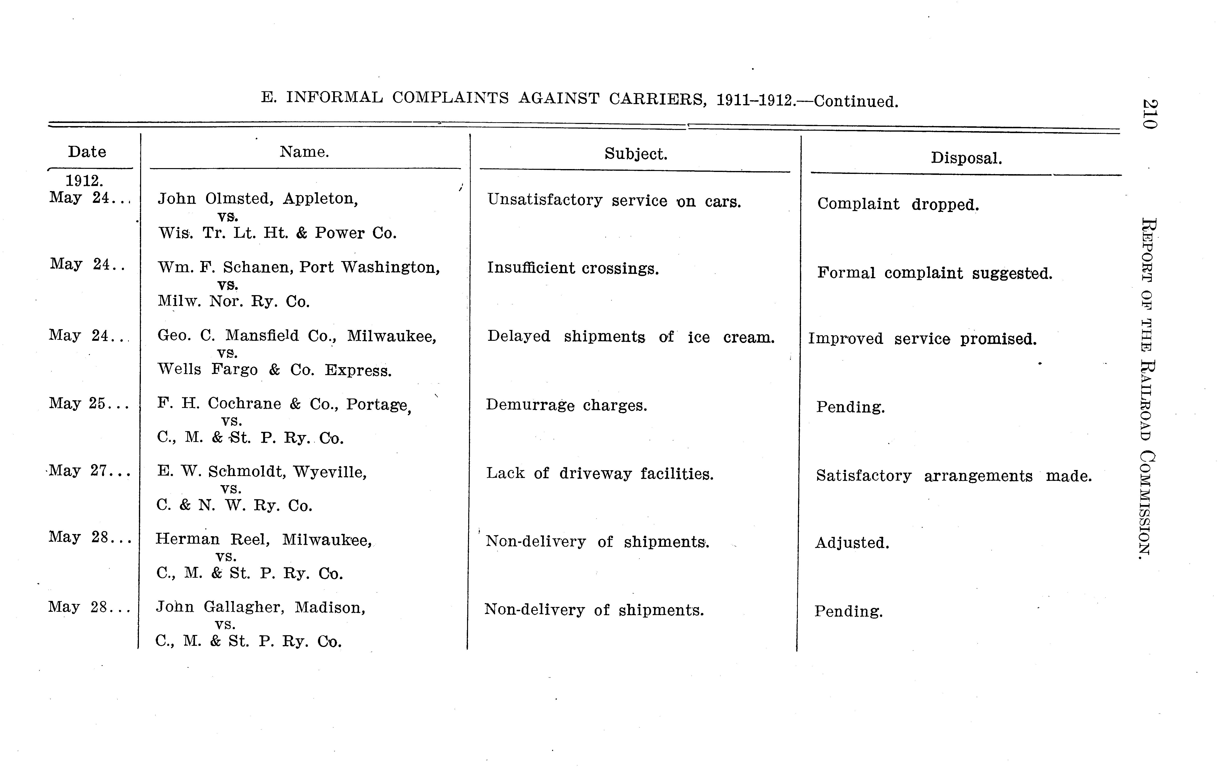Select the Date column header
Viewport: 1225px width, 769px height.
click(87, 152)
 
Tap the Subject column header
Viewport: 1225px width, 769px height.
click(635, 154)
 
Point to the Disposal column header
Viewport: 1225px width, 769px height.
click(966, 158)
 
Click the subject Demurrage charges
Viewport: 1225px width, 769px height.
click(566, 405)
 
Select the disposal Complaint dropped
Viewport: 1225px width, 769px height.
click(898, 205)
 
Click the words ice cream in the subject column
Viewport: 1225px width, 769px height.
click(731, 337)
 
